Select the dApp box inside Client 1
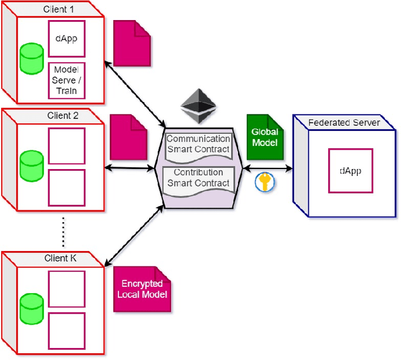[x=66, y=38]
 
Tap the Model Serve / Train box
[x=66, y=80]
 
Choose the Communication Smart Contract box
[x=198, y=144]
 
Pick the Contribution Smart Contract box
[x=198, y=178]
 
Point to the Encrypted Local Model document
[x=142, y=289]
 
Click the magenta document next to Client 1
[x=132, y=43]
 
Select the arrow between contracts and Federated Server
[x=268, y=168]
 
